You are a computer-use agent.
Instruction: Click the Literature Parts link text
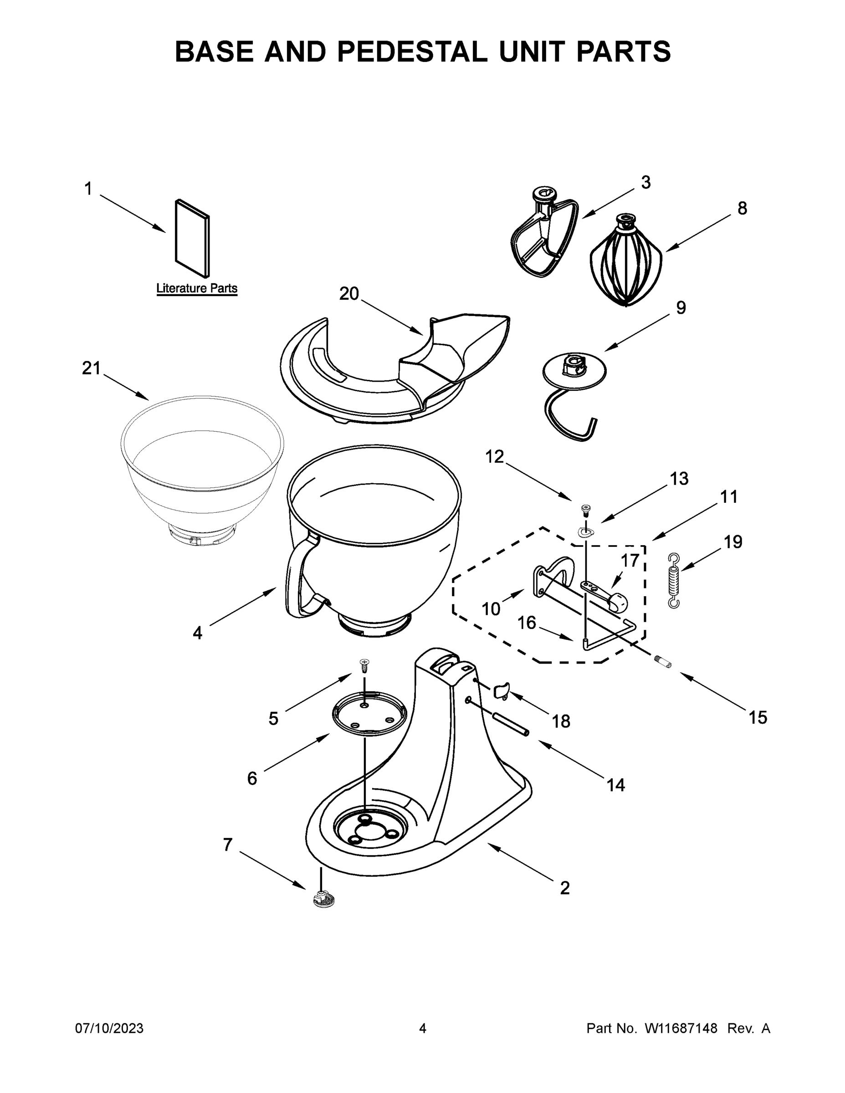tap(197, 288)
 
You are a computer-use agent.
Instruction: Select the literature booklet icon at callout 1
tap(192, 238)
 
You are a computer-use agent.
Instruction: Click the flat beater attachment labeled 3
tap(543, 238)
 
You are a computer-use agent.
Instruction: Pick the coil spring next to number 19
tap(674, 581)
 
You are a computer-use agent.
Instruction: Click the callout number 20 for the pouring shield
tap(349, 294)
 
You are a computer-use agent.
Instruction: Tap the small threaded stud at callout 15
tap(663, 662)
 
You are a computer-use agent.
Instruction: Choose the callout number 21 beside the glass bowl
tap(91, 368)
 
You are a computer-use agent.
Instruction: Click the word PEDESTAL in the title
tap(411, 51)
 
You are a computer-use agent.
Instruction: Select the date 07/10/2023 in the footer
tap(109, 1029)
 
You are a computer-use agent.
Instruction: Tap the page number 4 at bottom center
tap(423, 1029)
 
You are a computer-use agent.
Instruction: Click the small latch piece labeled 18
tap(501, 691)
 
